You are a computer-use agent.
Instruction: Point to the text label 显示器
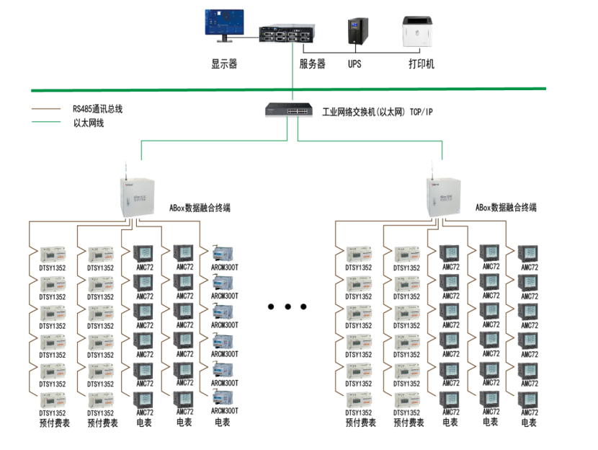(x=224, y=64)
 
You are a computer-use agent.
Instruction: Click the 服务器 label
(x=312, y=64)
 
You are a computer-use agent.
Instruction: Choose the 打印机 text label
(x=421, y=64)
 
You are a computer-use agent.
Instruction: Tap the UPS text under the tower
(x=354, y=64)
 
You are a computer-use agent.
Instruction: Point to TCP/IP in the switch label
(x=421, y=112)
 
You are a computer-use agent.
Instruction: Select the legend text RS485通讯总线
(x=97, y=109)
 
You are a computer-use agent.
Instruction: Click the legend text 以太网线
(x=89, y=123)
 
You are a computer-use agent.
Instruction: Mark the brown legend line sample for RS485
(x=46, y=109)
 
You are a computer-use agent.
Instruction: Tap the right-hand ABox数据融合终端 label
(x=506, y=208)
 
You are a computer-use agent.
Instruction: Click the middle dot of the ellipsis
(x=287, y=307)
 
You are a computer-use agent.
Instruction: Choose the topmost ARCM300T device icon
(x=224, y=252)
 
